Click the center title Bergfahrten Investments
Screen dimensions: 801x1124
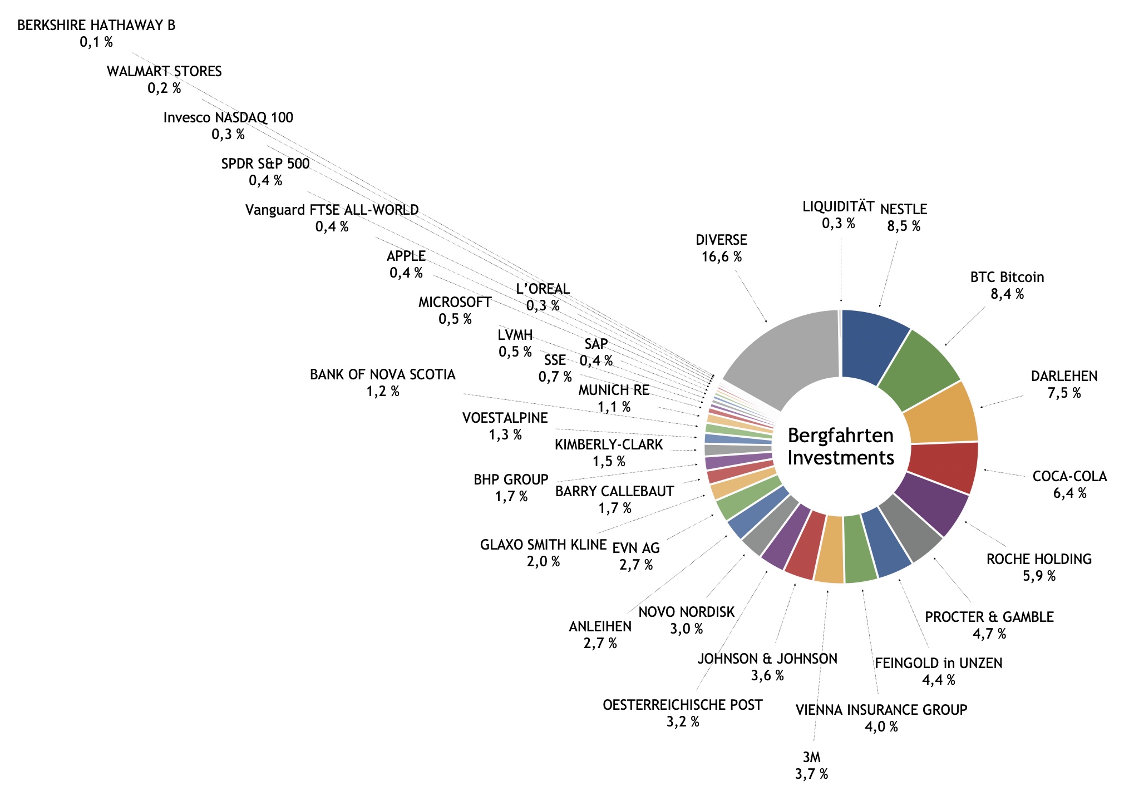tap(841, 447)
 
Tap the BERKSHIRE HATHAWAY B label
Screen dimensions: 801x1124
tap(96, 26)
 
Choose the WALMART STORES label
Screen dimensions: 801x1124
tap(164, 72)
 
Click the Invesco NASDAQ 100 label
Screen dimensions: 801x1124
tap(228, 118)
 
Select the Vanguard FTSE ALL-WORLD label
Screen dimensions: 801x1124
tap(332, 210)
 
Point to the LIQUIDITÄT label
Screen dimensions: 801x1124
tap(838, 207)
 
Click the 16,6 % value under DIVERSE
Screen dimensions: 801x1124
tap(721, 257)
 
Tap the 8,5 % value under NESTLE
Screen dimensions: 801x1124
tap(904, 226)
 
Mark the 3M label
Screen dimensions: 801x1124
tap(811, 757)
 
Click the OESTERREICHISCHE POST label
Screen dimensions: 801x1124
tap(682, 705)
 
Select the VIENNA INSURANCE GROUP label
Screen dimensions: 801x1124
tap(881, 710)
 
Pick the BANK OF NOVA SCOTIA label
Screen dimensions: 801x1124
tap(382, 375)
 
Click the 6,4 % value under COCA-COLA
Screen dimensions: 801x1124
tap(1069, 493)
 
